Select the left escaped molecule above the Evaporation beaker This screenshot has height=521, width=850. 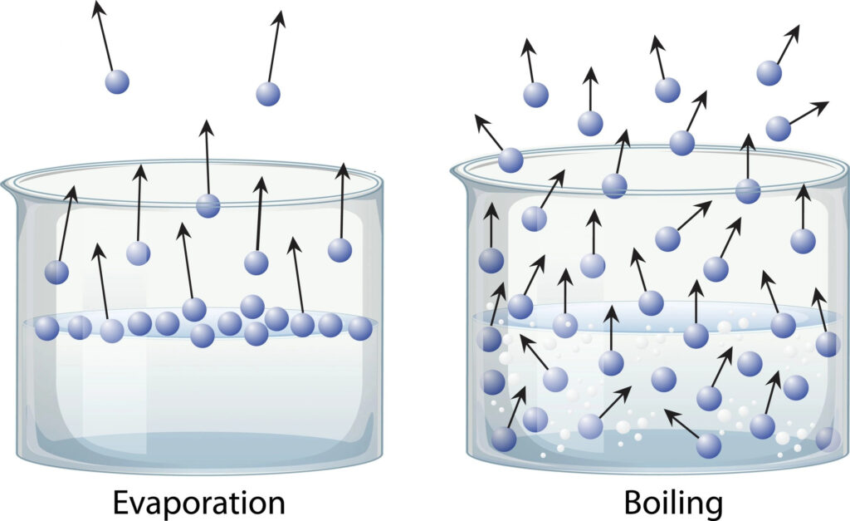coord(117,81)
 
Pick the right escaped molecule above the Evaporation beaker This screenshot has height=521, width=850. coord(268,93)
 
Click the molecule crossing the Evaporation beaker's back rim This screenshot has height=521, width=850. coord(208,205)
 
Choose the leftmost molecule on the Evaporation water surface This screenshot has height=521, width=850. coord(47,328)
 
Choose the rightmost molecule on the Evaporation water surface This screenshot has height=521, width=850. coord(359,328)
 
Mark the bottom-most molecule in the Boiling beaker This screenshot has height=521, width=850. coord(708,445)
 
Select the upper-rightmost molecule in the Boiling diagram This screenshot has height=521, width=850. coord(769,73)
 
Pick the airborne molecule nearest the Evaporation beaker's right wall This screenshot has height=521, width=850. coord(340,249)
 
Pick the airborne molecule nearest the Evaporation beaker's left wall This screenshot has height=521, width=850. coord(56,272)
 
